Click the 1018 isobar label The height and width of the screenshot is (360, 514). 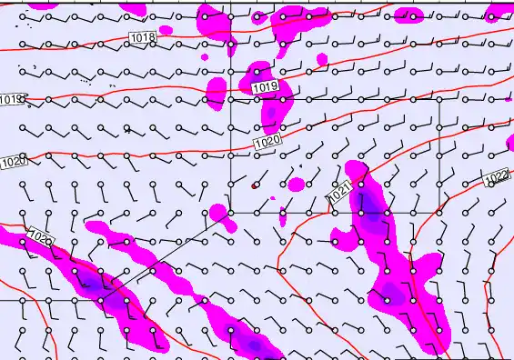143,37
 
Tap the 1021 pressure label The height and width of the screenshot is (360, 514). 338,194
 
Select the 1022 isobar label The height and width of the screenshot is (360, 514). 496,176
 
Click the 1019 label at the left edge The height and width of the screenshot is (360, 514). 11,99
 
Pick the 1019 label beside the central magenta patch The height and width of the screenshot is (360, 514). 264,86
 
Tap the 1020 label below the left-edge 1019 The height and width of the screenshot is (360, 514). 14,162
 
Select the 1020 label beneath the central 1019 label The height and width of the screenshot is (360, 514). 267,143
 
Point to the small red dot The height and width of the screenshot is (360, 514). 255,185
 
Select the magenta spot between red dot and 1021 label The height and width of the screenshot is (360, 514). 297,185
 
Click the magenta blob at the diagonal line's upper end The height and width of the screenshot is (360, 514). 217,214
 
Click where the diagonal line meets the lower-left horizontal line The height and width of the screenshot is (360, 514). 99,299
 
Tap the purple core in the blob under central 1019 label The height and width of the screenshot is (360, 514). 271,114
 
